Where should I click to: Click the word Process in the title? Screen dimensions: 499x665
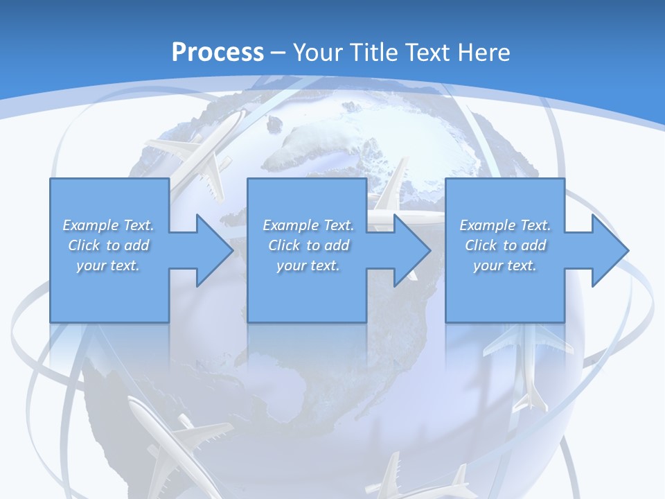[x=218, y=52]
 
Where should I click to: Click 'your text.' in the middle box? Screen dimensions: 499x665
[x=308, y=265]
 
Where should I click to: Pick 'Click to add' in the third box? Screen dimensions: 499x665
[x=506, y=245]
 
